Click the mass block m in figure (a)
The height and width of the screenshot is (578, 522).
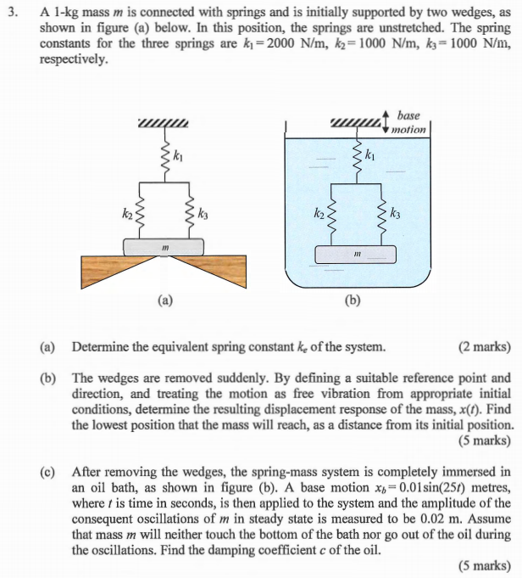click(x=164, y=247)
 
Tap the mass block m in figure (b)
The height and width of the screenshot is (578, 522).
click(x=357, y=254)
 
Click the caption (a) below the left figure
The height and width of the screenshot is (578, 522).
click(x=164, y=300)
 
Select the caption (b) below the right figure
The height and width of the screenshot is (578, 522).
click(x=355, y=300)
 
